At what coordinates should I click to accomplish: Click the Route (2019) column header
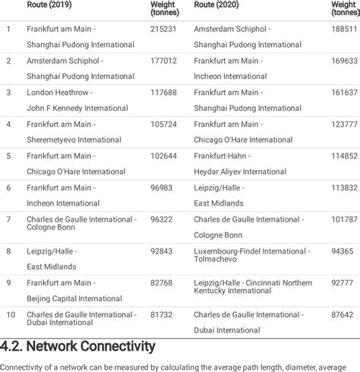[50, 5]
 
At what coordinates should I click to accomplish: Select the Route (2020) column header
[217, 5]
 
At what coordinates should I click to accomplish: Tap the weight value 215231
[164, 29]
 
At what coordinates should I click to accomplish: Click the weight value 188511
[346, 29]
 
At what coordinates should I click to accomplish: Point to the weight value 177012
[164, 61]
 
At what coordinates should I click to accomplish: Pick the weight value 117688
[164, 93]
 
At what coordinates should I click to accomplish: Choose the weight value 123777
[346, 124]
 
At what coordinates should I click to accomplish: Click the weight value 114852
[346, 156]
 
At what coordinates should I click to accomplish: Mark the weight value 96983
[162, 188]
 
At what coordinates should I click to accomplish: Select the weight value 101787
[346, 219]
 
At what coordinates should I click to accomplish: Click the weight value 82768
[162, 282]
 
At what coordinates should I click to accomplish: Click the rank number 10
[11, 314]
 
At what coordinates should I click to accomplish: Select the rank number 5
[8, 156]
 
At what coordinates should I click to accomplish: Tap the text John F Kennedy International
[77, 109]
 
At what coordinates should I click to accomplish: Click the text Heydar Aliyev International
[240, 172]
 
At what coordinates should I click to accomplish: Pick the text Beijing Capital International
[74, 298]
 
